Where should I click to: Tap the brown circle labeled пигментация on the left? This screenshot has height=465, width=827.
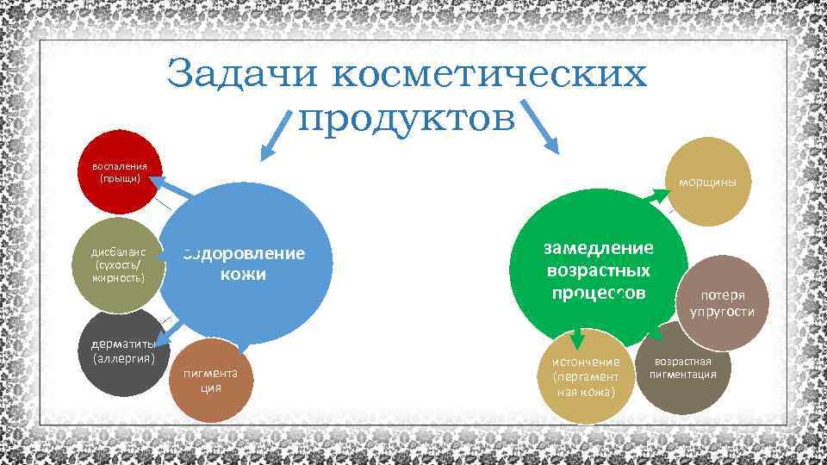211,380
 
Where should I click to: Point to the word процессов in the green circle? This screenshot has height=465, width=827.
598,292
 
